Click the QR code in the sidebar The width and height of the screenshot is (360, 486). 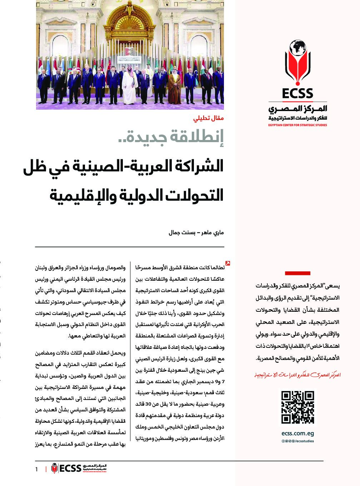(x=297, y=407)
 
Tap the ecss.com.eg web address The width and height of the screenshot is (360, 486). (x=297, y=434)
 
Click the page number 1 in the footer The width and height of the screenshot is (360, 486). (x=36, y=469)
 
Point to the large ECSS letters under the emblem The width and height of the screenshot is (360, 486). (x=297, y=94)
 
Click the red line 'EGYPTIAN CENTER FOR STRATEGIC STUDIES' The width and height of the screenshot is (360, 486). (x=297, y=125)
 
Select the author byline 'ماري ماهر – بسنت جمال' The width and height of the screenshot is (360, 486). (x=196, y=233)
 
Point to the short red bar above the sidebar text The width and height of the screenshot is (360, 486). (x=297, y=273)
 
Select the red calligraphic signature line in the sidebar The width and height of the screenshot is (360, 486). (x=297, y=375)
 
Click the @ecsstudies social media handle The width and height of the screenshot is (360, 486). (x=302, y=441)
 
